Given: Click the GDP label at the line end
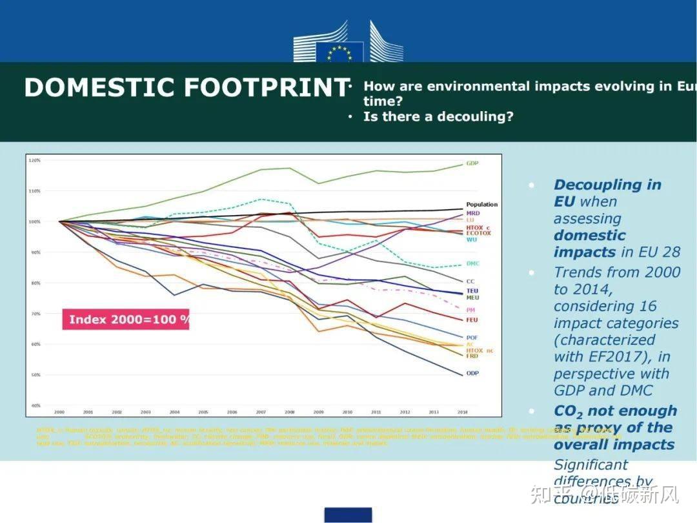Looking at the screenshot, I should point(472,163).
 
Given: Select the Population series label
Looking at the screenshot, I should point(481,205).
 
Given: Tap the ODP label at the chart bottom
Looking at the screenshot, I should point(472,373).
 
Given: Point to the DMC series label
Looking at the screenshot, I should point(473,264).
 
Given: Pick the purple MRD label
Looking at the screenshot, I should point(473,213).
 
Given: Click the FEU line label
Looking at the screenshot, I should point(472,320).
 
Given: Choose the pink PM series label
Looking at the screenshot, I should point(470,310).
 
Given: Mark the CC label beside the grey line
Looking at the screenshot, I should point(470,282).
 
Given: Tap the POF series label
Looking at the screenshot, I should point(472,338).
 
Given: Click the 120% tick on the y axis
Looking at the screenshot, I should point(35,160).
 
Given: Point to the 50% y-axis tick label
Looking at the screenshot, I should point(36,375).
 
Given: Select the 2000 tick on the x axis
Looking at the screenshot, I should point(59,411).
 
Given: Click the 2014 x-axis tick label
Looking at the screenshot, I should point(461,411).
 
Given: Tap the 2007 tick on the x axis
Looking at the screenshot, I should point(261,411).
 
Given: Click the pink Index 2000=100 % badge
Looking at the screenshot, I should point(126,320).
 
